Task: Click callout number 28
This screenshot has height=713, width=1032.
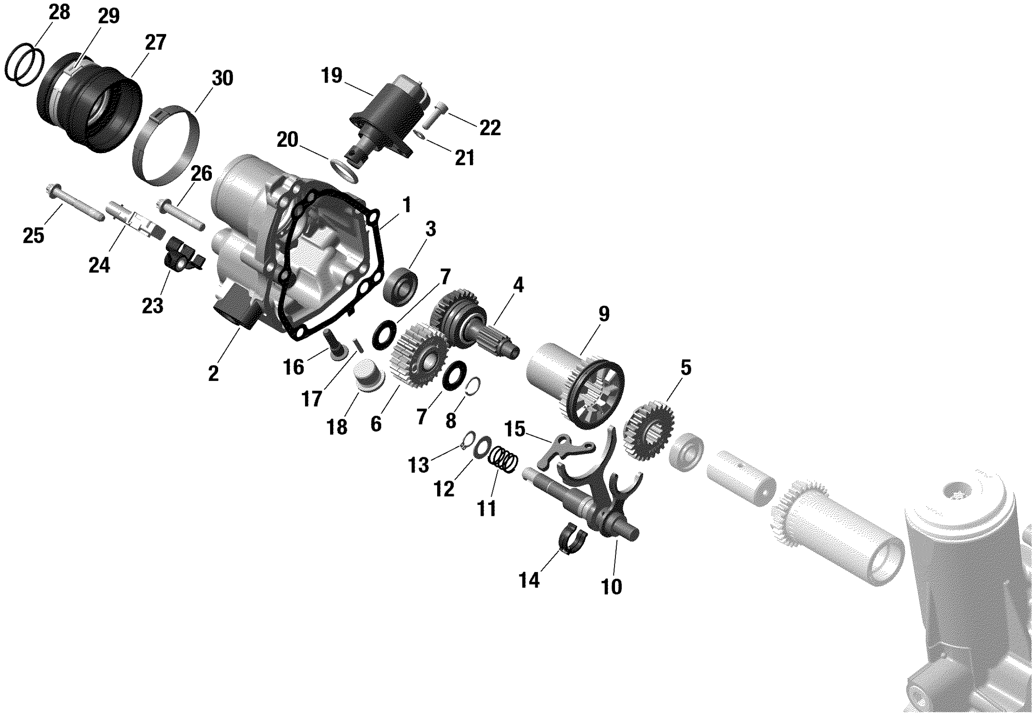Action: [x=60, y=13]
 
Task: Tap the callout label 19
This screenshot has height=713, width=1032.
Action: [x=331, y=75]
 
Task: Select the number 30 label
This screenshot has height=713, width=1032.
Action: [x=222, y=78]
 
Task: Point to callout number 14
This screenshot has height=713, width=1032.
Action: [x=529, y=580]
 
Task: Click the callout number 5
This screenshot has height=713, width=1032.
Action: [x=686, y=368]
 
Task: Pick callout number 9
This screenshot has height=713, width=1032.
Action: [x=604, y=314]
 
